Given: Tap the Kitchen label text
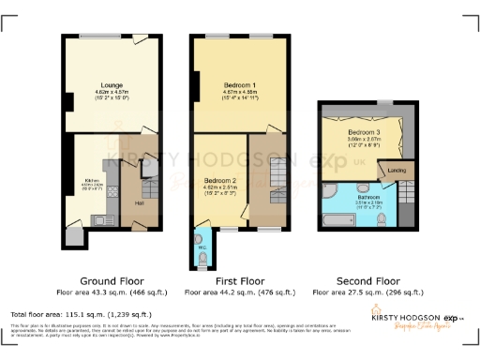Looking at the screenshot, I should point(92,180).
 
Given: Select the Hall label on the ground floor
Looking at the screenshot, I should point(138,202).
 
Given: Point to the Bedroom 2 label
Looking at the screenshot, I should point(217,180).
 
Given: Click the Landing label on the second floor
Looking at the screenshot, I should point(395,170).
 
